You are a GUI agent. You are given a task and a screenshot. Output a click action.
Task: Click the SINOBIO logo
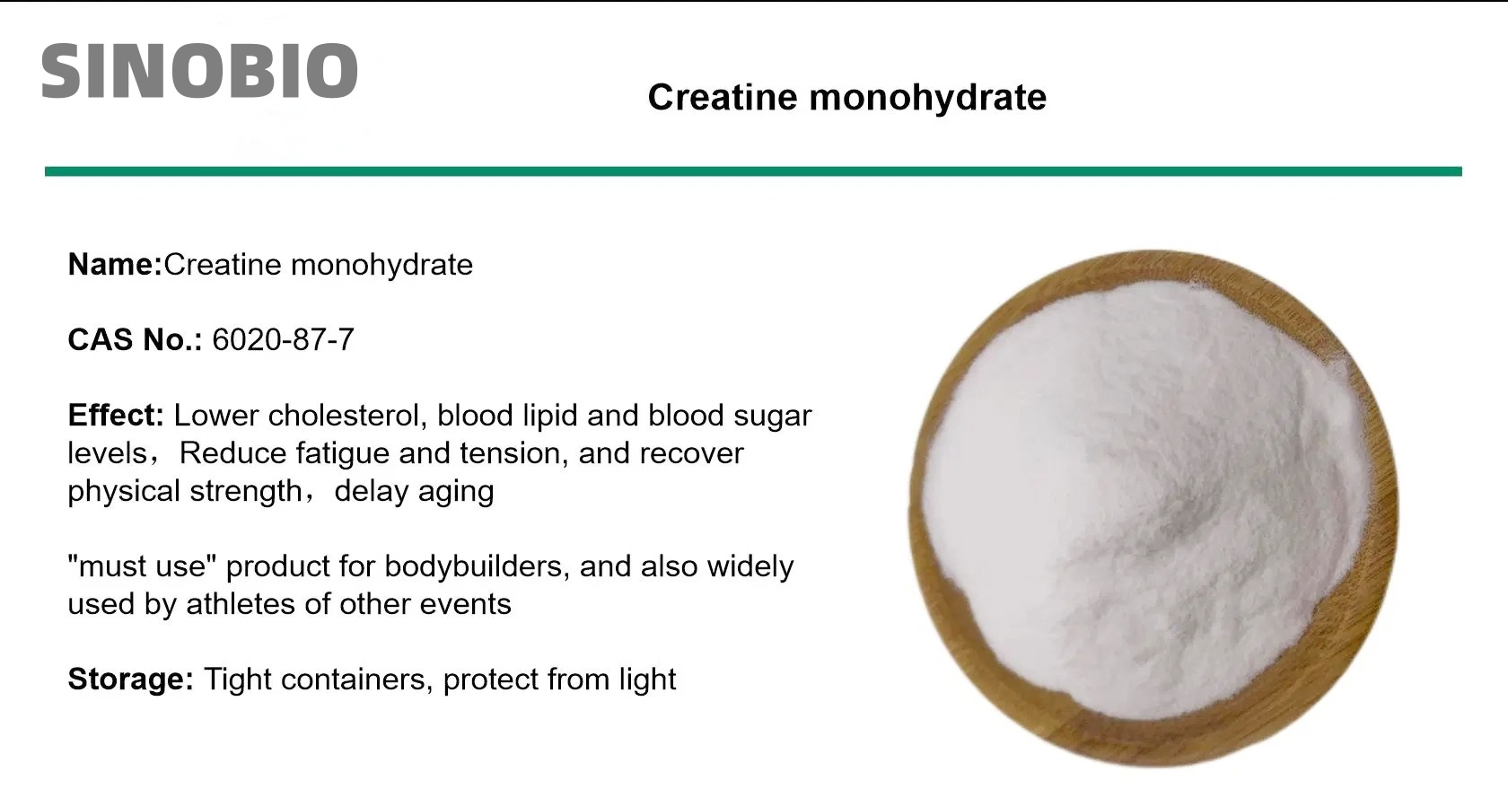[x=199, y=71]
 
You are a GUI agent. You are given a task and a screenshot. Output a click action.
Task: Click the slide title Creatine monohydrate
[x=846, y=97]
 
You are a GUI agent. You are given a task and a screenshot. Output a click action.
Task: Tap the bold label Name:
[x=114, y=265]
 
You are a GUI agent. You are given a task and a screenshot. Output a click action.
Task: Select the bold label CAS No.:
[x=135, y=340]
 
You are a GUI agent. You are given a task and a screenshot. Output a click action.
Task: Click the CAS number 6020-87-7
[x=283, y=340]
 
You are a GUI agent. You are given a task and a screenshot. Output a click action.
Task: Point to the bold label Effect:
[x=115, y=416]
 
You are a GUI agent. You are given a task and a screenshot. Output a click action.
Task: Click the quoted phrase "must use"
[x=143, y=566]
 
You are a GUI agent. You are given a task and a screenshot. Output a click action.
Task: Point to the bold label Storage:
[x=130, y=680]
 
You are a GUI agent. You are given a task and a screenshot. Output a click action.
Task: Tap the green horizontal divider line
[x=752, y=171]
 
